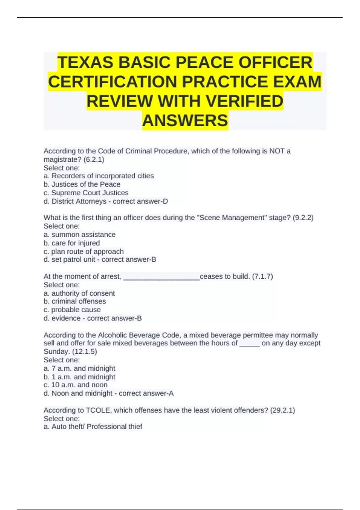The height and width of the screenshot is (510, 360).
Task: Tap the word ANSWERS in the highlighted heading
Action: tap(185, 121)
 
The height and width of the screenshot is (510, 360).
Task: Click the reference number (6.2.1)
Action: tap(94, 160)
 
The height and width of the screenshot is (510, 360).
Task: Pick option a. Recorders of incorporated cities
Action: tap(99, 176)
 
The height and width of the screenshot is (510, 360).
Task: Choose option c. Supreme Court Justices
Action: tap(86, 193)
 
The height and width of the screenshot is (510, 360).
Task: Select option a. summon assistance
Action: tap(79, 235)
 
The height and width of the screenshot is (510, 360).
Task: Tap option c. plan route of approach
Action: tap(84, 251)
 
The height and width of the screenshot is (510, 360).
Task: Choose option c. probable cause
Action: tap(72, 310)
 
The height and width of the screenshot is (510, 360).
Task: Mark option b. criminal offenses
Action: tap(75, 301)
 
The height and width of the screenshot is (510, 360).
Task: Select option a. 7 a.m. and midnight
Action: tap(79, 368)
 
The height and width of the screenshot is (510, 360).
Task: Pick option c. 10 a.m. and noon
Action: tap(76, 385)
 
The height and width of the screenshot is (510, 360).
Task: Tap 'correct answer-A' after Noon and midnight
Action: tap(146, 393)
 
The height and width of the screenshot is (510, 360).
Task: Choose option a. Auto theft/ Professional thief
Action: tap(93, 427)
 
